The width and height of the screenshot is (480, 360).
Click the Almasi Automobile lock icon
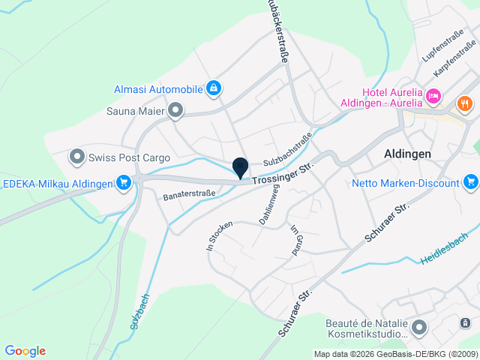214,89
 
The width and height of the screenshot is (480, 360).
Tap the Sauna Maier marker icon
176,112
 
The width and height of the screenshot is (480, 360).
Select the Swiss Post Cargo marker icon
76,157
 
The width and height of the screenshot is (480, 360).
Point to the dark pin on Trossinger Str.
241,168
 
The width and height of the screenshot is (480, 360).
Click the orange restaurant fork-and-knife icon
465,103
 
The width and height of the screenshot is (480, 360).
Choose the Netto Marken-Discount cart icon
470,182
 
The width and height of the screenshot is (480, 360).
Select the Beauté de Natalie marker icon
418,328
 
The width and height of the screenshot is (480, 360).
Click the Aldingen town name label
407,153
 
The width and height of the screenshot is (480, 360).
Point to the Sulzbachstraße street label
287,150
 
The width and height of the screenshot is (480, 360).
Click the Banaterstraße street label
189,195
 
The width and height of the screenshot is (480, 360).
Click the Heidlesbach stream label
444,247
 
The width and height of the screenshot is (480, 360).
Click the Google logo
25,351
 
